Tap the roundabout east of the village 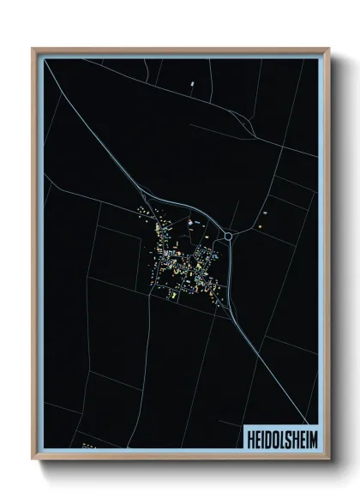pos(229,235)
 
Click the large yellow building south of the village pos(172,295)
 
